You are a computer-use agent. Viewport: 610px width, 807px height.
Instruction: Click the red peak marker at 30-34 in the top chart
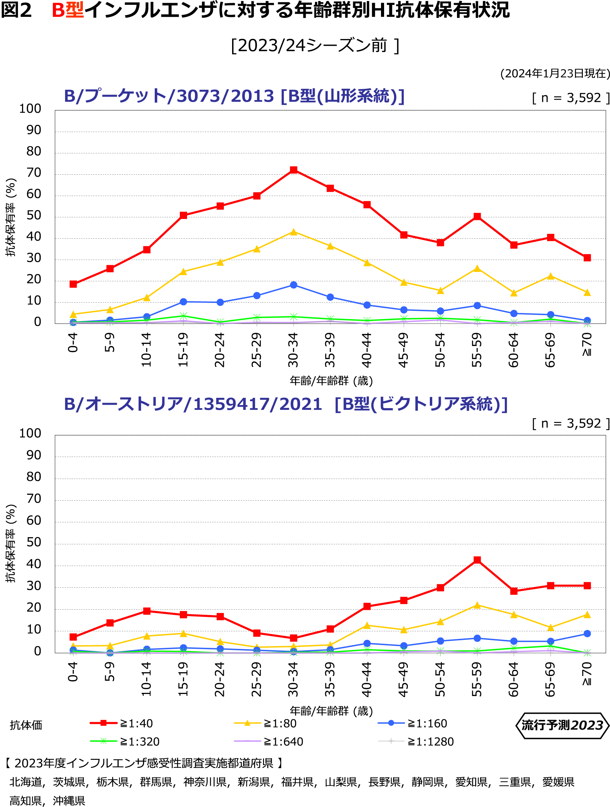click(293, 170)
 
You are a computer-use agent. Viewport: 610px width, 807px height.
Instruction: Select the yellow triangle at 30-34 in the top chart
click(293, 232)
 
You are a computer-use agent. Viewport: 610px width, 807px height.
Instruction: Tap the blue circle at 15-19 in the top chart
click(184, 302)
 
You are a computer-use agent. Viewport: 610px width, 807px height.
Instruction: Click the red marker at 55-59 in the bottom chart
click(477, 560)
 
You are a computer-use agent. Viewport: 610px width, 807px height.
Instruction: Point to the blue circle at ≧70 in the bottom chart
click(587, 634)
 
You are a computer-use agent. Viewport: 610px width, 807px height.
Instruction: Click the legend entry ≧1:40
click(136, 723)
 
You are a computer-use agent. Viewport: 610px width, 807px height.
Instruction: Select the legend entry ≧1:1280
click(431, 742)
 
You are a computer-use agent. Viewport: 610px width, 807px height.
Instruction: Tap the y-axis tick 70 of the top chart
click(34, 173)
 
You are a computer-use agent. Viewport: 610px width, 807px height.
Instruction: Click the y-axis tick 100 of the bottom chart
click(30, 434)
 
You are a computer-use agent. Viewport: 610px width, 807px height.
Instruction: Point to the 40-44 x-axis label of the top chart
click(367, 350)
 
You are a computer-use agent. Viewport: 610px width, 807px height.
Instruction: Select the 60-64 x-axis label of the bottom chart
click(513, 679)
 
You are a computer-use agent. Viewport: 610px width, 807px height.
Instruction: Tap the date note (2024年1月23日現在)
click(555, 73)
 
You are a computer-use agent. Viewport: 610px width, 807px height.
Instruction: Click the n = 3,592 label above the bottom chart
click(570, 423)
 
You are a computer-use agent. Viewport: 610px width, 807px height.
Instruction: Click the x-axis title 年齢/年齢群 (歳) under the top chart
click(331, 381)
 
